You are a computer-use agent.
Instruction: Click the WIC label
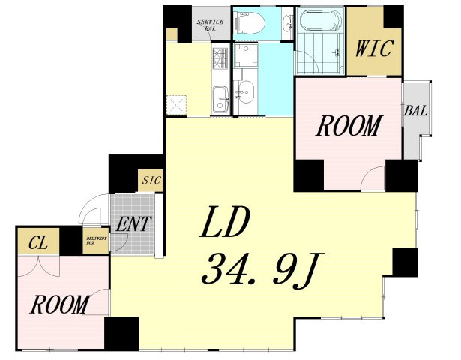[x=374, y=48]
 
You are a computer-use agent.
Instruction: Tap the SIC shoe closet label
[x=151, y=180]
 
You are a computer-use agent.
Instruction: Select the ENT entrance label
[x=133, y=224]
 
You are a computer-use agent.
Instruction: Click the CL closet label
[x=38, y=243]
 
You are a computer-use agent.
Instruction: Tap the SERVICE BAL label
[x=210, y=25]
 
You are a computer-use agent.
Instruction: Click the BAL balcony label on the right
[x=415, y=111]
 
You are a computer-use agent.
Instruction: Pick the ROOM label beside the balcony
[x=349, y=126]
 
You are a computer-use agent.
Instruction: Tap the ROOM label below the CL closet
[x=60, y=304]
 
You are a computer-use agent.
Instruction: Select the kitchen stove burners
[x=220, y=58]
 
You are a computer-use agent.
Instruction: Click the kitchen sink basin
[x=220, y=99]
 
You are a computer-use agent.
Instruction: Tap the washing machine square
[x=246, y=55]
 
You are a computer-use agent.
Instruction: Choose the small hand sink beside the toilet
[x=288, y=22]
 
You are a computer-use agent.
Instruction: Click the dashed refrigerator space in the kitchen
[x=176, y=105]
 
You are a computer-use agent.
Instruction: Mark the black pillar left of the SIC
[x=124, y=173]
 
